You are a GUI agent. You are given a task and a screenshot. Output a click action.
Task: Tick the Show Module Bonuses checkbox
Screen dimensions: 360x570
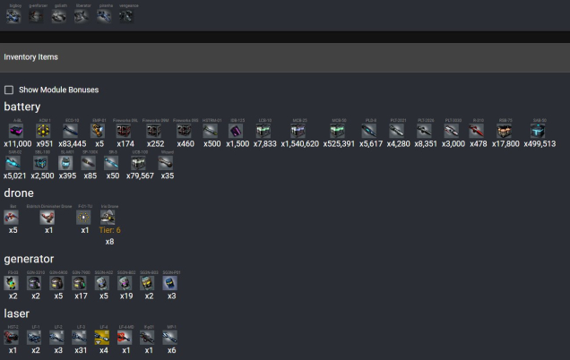(9, 90)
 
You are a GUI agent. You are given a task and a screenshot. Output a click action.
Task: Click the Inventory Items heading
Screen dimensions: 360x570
(31, 57)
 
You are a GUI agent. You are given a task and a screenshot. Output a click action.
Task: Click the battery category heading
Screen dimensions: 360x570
(22, 107)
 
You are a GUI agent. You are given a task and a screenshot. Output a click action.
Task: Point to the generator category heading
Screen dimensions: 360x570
(29, 259)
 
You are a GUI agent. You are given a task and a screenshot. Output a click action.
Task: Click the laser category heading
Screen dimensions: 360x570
(16, 313)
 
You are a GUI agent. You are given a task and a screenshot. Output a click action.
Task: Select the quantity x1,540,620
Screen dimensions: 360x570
(299, 143)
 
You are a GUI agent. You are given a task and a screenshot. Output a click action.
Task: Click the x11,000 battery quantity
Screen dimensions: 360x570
(19, 143)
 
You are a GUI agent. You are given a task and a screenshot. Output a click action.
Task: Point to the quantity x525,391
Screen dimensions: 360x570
(339, 143)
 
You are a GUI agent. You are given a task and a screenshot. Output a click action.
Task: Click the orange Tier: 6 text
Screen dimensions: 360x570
(108, 230)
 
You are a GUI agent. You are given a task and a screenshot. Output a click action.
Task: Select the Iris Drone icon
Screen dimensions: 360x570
(109, 217)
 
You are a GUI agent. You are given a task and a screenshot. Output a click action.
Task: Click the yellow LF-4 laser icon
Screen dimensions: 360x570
(102, 337)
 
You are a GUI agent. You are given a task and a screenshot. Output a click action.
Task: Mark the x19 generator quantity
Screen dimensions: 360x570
(126, 296)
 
